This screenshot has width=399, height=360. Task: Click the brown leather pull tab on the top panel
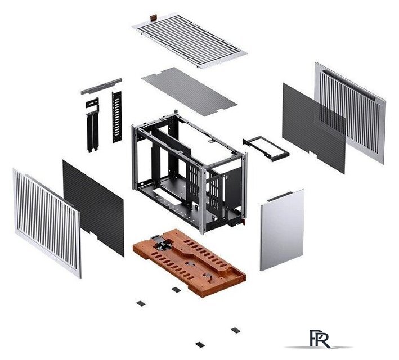tap(154, 18)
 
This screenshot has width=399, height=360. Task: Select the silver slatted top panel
tap(190, 40)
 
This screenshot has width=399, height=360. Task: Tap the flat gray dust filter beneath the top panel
tap(189, 91)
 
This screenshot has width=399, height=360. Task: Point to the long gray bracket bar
tap(101, 86)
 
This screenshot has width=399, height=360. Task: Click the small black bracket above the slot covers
tap(92, 103)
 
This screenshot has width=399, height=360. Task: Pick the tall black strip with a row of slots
tap(117, 117)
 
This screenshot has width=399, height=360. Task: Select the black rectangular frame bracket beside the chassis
tap(266, 148)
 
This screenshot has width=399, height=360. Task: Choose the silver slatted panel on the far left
tap(47, 223)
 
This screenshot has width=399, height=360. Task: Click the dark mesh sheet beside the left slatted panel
tap(93, 208)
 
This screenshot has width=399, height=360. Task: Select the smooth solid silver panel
tap(282, 229)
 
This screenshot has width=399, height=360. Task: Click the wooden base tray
tap(189, 262)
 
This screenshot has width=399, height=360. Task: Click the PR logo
tap(319, 339)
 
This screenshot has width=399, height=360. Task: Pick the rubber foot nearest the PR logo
tap(236, 330)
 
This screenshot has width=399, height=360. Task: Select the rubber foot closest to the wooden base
tap(176, 290)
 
